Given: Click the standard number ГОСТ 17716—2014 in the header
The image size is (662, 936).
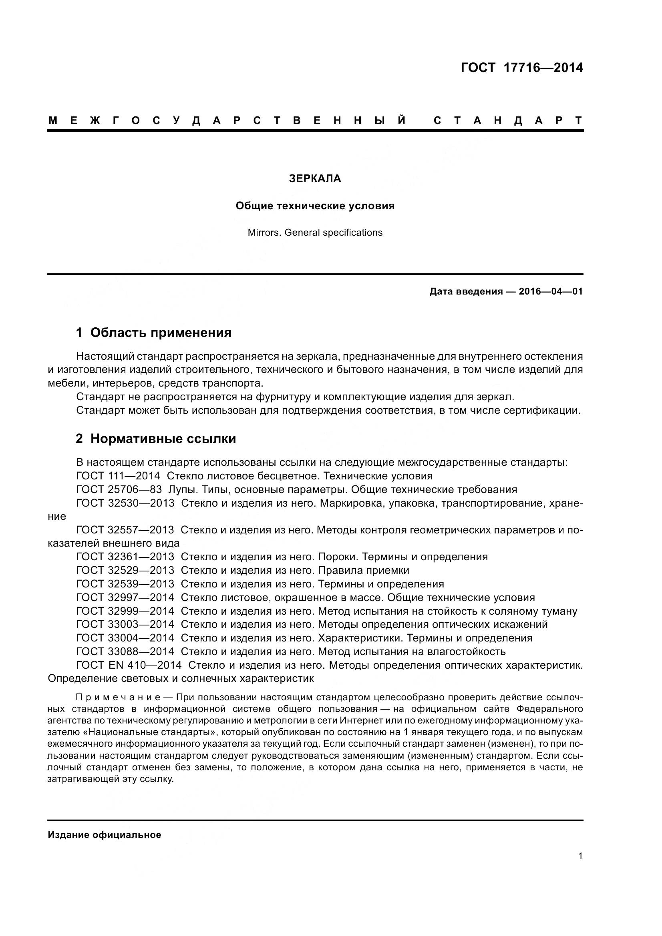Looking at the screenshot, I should coord(522,68).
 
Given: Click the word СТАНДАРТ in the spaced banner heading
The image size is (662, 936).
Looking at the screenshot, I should coord(508,120).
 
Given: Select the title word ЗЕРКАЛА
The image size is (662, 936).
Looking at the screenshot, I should coord(315,178).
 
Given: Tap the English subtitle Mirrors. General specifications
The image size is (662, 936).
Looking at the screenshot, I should coord(315,233).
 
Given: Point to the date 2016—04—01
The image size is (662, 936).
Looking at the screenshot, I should coord(551,291).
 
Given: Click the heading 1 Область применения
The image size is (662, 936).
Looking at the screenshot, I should coord(154,333).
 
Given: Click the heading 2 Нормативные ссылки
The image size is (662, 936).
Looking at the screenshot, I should coord(156,439).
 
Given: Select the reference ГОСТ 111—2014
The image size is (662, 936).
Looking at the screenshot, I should coord(118,476).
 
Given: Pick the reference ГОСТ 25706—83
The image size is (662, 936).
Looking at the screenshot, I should coord(119,489).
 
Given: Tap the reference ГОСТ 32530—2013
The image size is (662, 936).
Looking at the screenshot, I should coord(125,503).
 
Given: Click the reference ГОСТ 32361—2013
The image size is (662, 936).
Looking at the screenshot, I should coord(125,557).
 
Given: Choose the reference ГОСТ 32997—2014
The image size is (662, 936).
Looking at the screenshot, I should coord(125,597).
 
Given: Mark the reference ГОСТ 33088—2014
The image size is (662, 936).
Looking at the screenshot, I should coord(125,651).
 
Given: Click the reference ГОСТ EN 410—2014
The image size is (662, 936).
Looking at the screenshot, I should coord(129,665).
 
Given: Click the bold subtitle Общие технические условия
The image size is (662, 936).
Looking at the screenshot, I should coord(315,206).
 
